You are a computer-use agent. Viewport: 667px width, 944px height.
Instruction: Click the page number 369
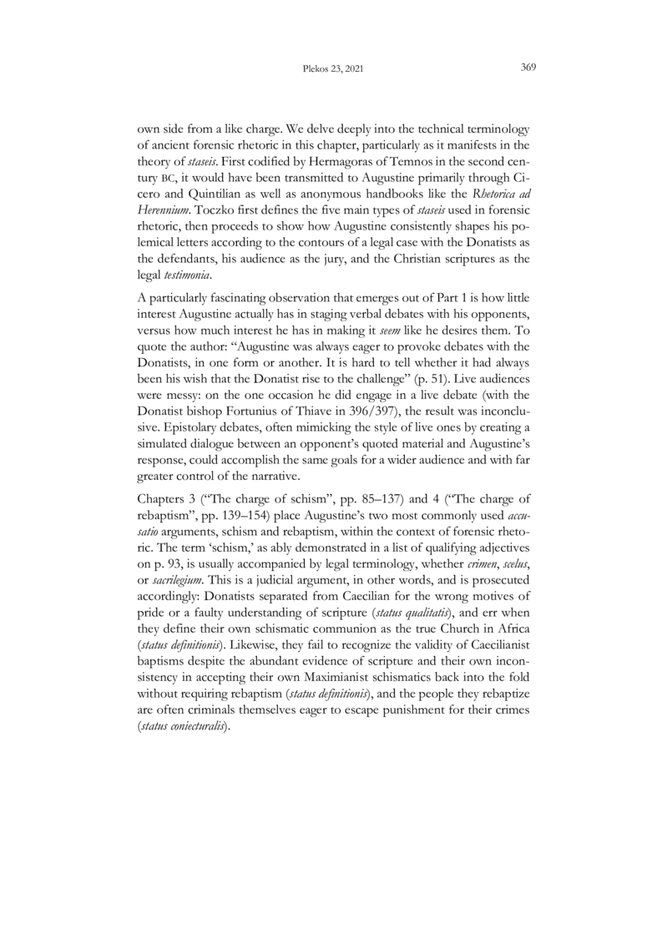coord(528,68)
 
